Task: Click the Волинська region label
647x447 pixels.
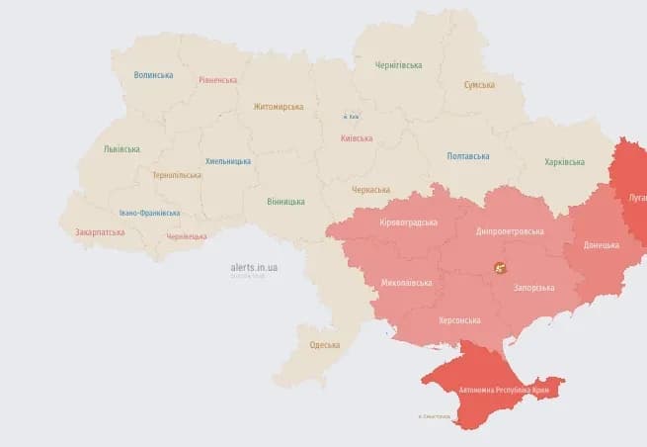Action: click(x=153, y=75)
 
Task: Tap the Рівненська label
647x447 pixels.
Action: click(x=217, y=80)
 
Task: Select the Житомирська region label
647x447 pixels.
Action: click(x=278, y=107)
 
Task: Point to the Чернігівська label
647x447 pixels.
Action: click(x=398, y=65)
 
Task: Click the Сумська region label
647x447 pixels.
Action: click(x=479, y=85)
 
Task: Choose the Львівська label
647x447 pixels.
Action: click(x=121, y=149)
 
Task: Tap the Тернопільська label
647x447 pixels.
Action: click(x=176, y=175)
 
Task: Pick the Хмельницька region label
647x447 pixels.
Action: click(x=227, y=161)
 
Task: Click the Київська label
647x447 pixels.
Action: click(x=356, y=138)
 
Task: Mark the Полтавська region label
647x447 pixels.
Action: click(x=467, y=156)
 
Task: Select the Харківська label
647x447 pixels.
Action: click(x=564, y=162)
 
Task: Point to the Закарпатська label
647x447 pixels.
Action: click(x=100, y=232)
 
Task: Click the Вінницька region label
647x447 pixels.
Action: click(x=285, y=201)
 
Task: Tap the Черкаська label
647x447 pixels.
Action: click(x=371, y=189)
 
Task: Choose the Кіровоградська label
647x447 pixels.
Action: click(x=408, y=223)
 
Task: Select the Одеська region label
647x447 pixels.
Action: click(x=324, y=345)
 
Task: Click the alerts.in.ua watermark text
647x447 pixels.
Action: click(x=254, y=267)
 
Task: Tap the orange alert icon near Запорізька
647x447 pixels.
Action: click(x=501, y=268)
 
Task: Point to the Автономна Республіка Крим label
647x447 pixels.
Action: click(x=504, y=391)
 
